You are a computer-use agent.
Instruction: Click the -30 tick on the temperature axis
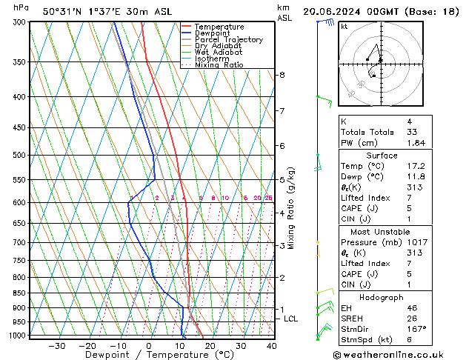(x=56, y=345)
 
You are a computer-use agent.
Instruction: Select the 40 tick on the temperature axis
(x=272, y=345)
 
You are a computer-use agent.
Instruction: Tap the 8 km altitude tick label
(x=282, y=75)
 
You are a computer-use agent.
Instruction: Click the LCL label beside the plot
(x=291, y=319)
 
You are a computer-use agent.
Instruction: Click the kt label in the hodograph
(x=344, y=27)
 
